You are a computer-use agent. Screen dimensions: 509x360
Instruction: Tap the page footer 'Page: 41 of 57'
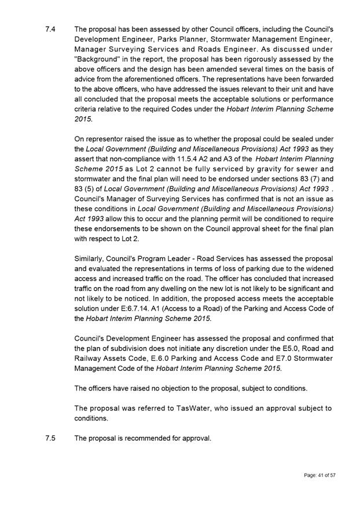coord(319,475)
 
